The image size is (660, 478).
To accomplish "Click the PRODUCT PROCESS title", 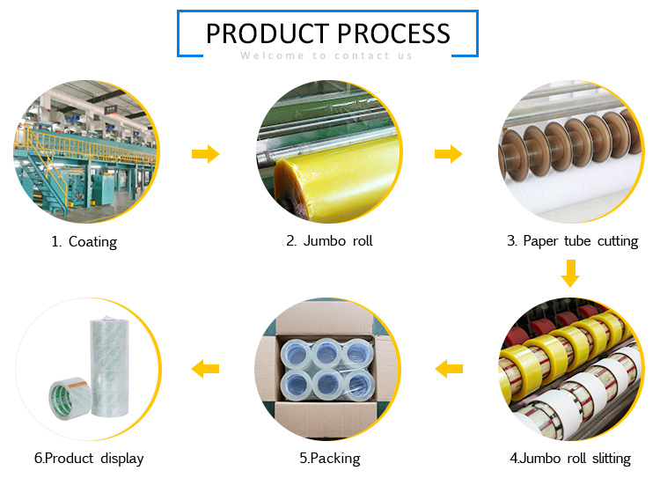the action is point(328,33).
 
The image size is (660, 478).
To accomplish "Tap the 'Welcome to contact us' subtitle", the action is point(326,55).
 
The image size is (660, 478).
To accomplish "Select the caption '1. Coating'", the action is point(84,242).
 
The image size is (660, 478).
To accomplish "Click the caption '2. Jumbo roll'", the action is point(330,241).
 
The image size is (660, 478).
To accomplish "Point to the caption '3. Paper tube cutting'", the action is point(573,241).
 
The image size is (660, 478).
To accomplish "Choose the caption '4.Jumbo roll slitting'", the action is point(570,459).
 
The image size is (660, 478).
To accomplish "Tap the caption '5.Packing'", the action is point(330,459).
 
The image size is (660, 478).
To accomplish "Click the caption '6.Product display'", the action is point(89,459).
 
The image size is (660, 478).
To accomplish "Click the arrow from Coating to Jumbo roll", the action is point(206,154).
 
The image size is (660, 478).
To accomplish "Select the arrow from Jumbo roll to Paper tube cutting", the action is point(449,154).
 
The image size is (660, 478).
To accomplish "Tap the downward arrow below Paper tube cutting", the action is point(570,273).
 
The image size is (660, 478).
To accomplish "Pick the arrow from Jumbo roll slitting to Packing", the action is point(449,369).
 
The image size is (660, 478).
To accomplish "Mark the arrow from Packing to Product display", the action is point(205,369).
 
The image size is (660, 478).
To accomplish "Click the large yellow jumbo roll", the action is point(337,178).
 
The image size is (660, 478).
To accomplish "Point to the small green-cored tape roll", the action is point(70,398).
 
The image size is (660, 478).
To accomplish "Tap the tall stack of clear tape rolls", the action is point(109,366).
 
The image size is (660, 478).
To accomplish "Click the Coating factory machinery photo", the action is point(87,151).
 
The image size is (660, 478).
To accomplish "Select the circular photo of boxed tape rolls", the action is point(328,369).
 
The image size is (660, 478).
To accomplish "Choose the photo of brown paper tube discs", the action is point(571,151).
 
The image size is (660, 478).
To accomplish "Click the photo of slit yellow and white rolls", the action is point(571,369).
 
